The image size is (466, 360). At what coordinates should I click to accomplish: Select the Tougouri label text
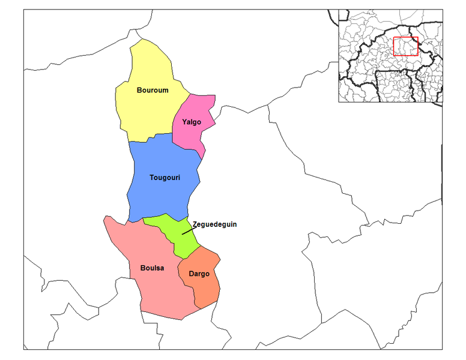coord(165,178)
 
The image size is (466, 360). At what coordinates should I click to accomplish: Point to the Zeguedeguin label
coord(214,224)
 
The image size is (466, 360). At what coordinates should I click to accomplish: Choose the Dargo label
coord(199,274)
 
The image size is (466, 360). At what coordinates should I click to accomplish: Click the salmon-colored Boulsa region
coord(159,294)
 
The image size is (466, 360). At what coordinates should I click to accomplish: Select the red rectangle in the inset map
coord(405,46)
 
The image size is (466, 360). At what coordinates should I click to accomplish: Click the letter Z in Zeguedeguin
coord(195,224)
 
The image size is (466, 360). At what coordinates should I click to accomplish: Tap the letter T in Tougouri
coord(152,178)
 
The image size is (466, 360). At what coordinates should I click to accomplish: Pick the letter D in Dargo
coord(191,274)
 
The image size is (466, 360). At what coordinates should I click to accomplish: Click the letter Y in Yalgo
coord(184,122)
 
